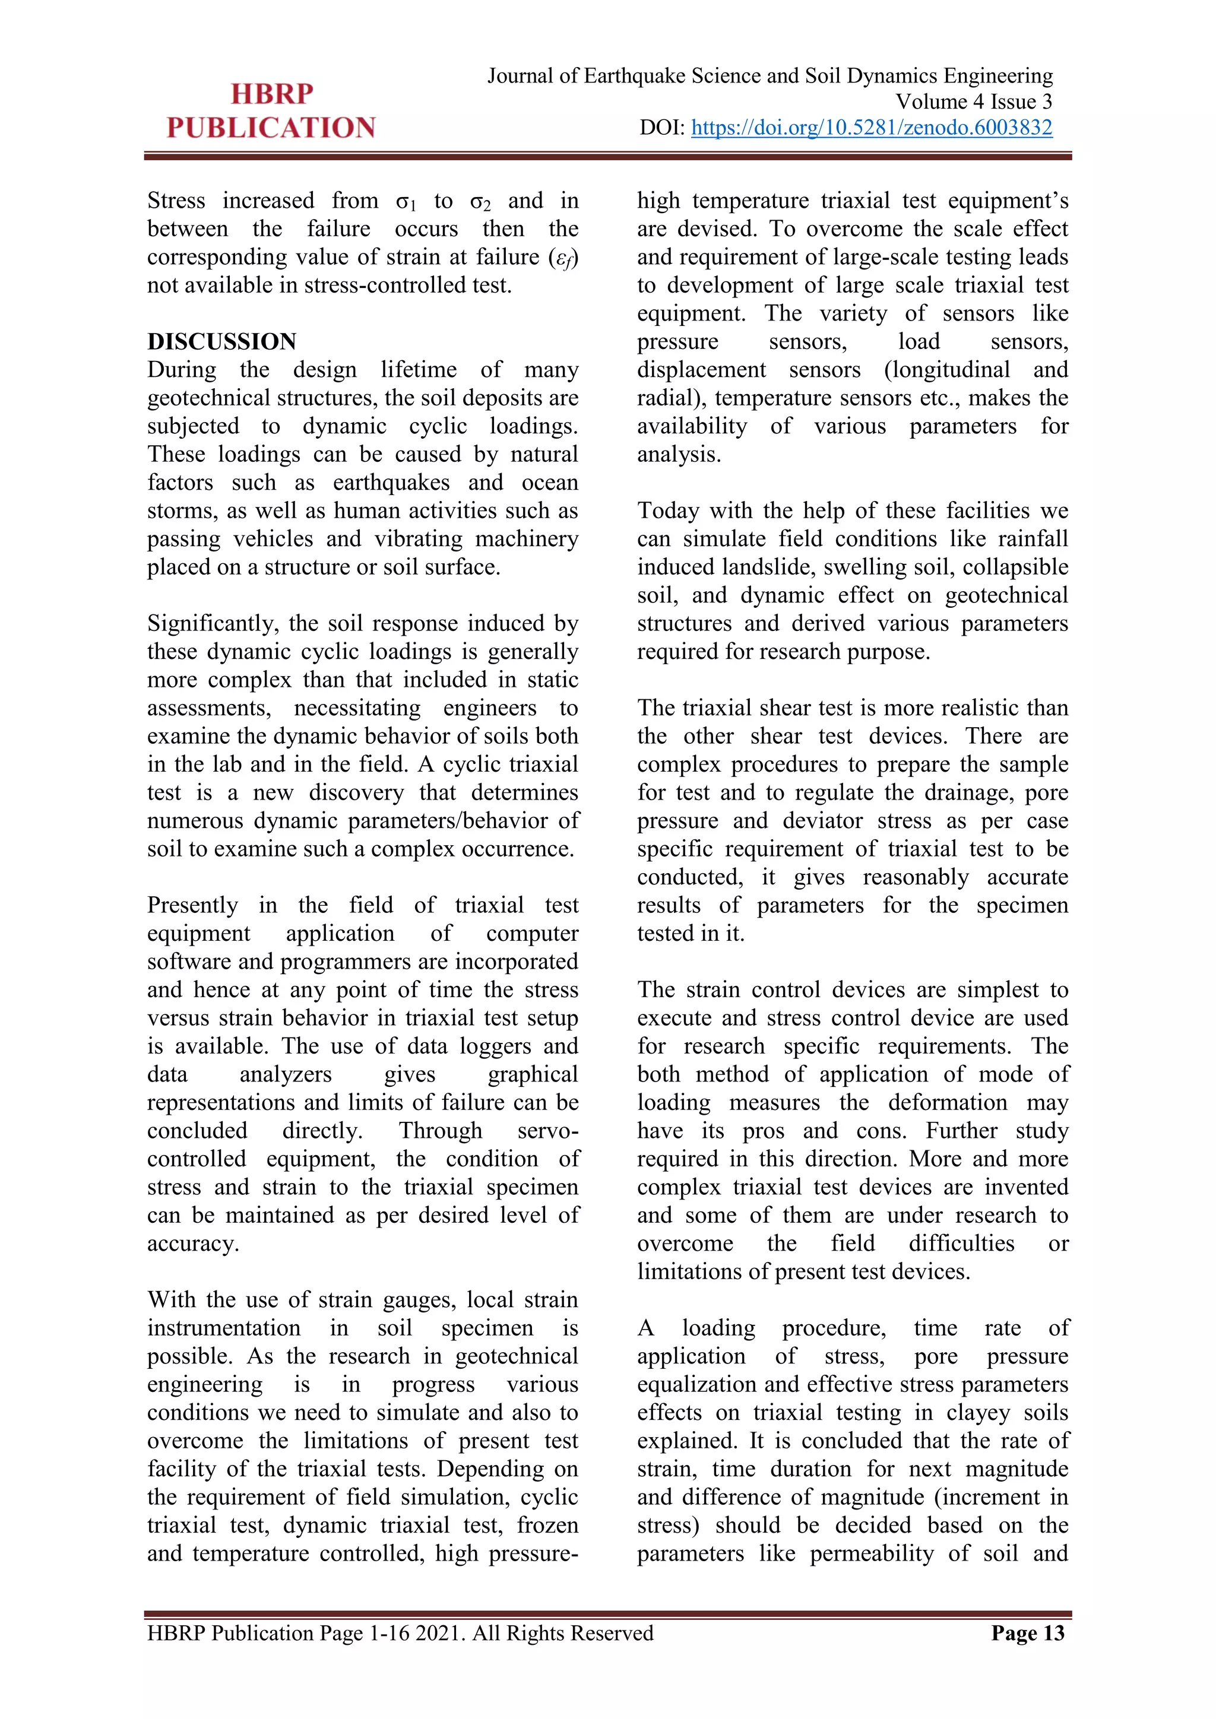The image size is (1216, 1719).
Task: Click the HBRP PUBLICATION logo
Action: (271, 111)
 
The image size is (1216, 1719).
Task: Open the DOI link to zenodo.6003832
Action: (871, 128)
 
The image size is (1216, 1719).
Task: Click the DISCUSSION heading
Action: (221, 341)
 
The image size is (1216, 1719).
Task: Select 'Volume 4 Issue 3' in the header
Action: (973, 102)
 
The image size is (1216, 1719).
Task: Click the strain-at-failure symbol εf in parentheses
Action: (563, 258)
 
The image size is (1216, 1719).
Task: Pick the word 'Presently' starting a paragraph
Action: (192, 905)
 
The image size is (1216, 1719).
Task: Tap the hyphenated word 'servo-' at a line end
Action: (547, 1131)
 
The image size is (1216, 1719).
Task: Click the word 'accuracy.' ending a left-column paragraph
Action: (193, 1244)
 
